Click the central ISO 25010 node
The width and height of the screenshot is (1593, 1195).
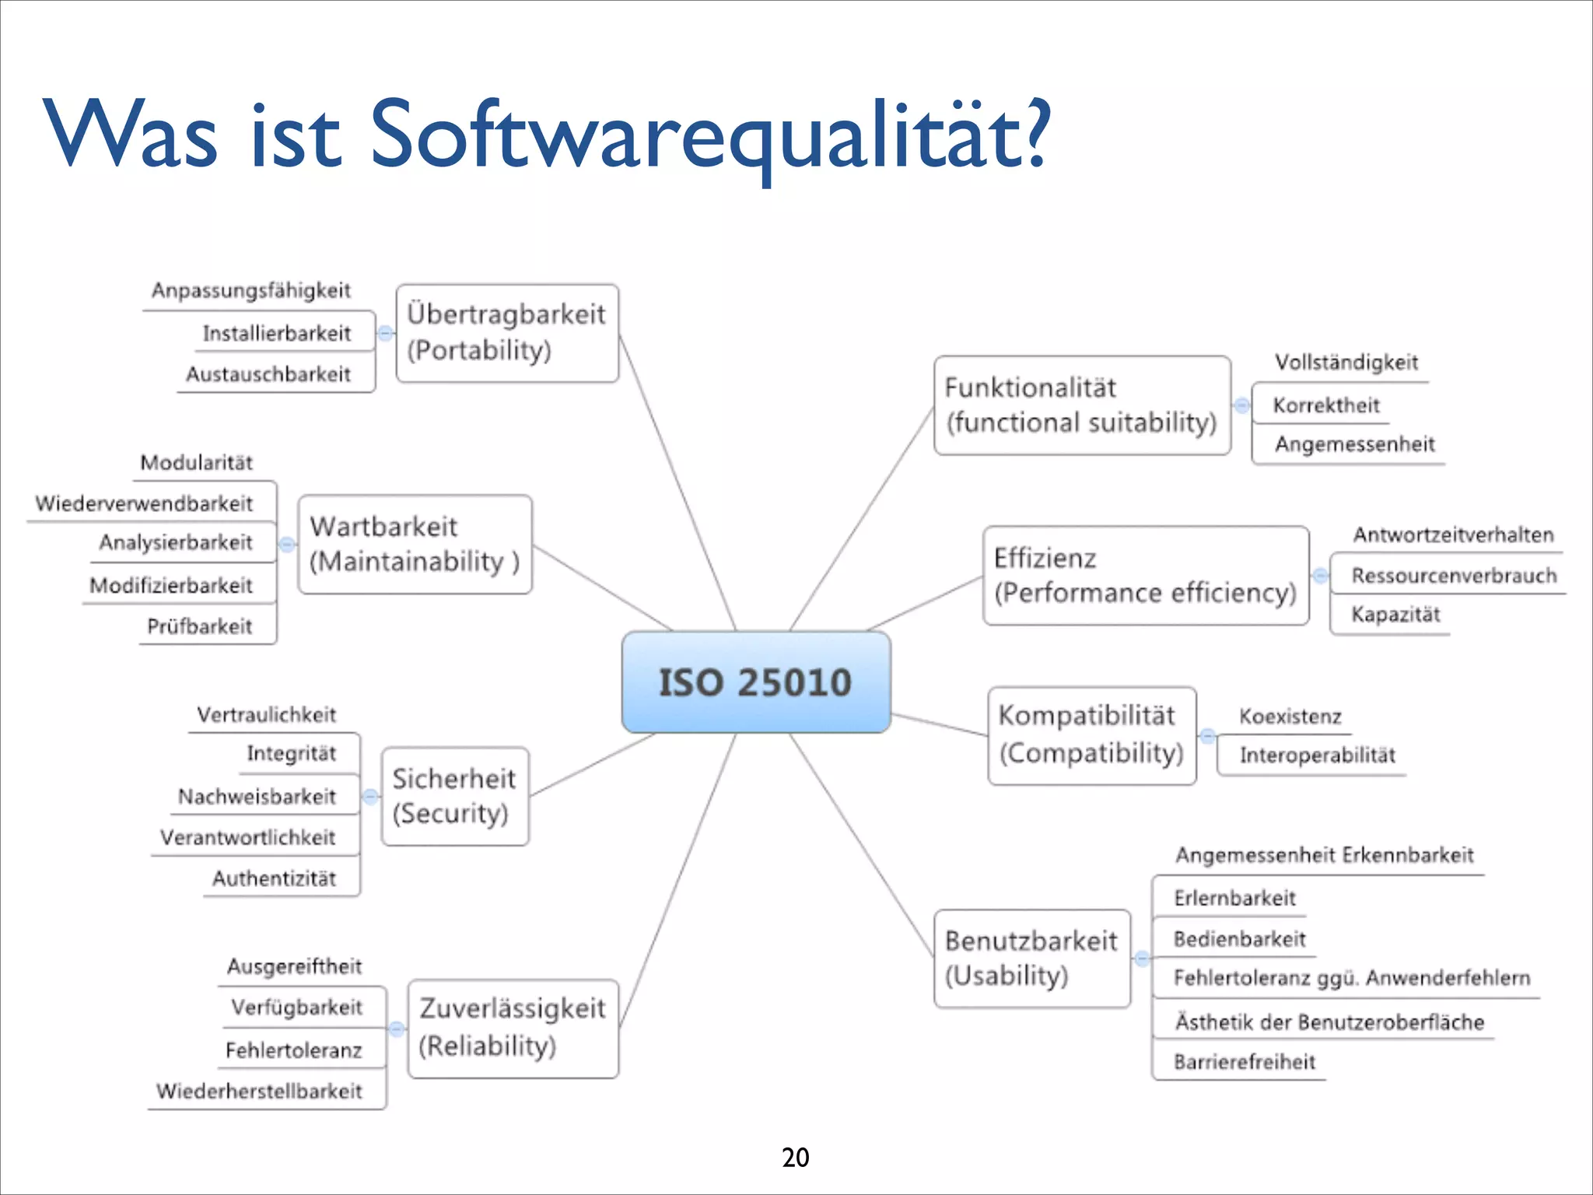tap(756, 682)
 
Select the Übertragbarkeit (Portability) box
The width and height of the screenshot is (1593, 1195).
tap(507, 333)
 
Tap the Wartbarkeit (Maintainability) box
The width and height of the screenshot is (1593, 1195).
tap(415, 545)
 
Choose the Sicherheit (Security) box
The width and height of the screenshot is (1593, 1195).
tap(454, 796)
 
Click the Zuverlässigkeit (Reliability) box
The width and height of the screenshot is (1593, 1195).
tap(513, 1028)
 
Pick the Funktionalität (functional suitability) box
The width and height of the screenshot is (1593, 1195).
tap(1082, 405)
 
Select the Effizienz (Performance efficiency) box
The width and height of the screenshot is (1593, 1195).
tap(1145, 576)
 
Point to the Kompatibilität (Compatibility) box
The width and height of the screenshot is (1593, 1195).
tap(1091, 735)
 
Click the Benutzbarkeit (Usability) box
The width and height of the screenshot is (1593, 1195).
tap(1031, 958)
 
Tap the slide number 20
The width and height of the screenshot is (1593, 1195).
tap(795, 1158)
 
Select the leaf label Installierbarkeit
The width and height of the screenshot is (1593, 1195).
tap(277, 334)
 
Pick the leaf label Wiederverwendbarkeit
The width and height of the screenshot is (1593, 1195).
tap(145, 503)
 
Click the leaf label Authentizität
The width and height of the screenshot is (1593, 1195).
tap(275, 879)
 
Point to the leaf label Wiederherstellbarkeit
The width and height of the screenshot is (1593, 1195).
tap(259, 1091)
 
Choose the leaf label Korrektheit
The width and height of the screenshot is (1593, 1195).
tap(1326, 405)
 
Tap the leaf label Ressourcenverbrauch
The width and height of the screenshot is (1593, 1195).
tap(1454, 576)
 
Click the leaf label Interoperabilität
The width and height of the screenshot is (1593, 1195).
tap(1318, 755)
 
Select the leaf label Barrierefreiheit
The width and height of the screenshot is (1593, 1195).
tap(1245, 1062)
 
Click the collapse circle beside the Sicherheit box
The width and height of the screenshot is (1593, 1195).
tap(371, 797)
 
